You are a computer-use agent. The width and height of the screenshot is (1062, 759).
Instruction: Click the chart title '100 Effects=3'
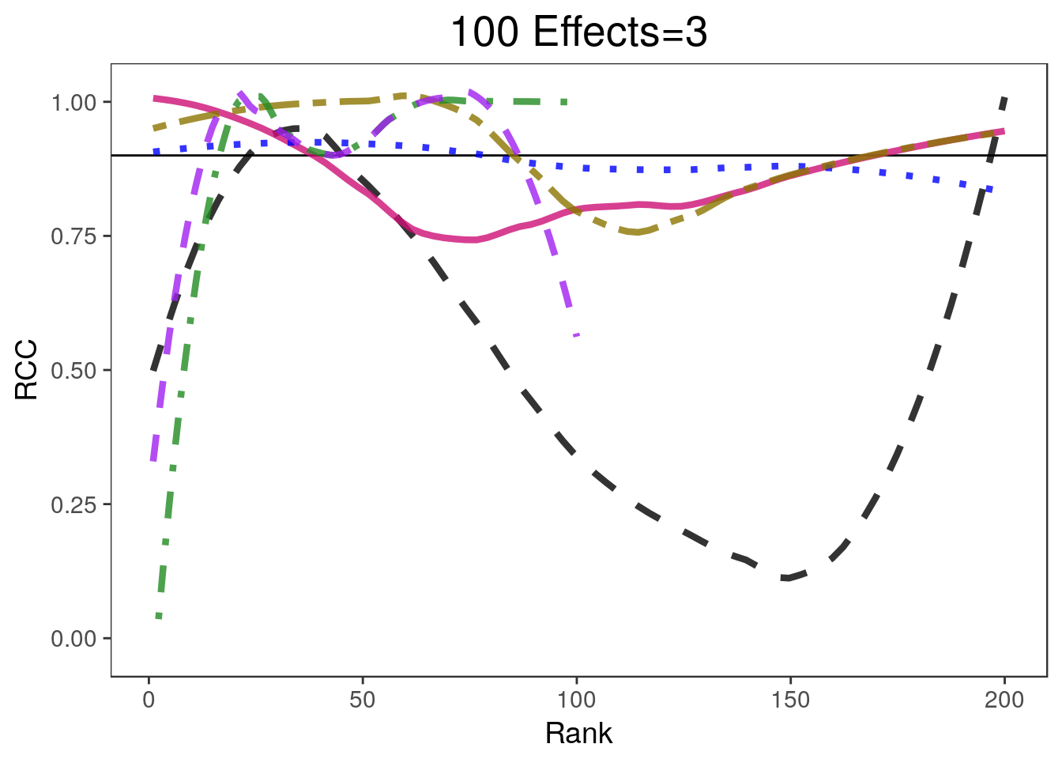pos(578,33)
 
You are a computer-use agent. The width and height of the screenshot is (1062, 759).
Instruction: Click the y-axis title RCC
pos(27,370)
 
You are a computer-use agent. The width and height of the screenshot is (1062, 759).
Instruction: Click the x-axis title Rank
pos(578,733)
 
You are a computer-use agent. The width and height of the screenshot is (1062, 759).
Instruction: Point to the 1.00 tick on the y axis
pos(73,103)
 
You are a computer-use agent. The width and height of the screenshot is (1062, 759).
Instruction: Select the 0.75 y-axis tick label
pos(73,236)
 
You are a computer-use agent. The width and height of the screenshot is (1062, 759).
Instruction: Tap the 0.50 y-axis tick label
pos(73,370)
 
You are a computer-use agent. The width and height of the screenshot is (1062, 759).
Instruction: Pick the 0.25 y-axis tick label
pos(73,504)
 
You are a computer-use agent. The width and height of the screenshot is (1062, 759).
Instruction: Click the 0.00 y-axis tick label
pos(73,638)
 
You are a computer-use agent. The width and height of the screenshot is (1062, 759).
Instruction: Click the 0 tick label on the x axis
pos(149,700)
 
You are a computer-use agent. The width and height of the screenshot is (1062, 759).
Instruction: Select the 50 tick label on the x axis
pos(363,700)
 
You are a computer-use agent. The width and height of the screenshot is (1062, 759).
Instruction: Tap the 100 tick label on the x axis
pos(576,700)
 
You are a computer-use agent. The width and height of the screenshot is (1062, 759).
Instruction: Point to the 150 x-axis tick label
pos(790,700)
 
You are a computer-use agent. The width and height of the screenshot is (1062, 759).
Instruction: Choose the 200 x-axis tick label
pos(1004,700)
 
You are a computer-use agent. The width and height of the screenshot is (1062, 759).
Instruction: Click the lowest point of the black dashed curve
pos(786,578)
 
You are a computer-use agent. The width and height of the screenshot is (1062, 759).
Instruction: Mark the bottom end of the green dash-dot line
pos(158,616)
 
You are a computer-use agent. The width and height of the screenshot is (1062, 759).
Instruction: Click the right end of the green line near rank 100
pos(567,102)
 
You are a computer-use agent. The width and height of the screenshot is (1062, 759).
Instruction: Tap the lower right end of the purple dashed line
pos(577,335)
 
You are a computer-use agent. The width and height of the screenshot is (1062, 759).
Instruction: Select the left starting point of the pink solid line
pos(155,98)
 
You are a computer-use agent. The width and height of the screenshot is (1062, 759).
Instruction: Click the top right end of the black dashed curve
pos(1004,98)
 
